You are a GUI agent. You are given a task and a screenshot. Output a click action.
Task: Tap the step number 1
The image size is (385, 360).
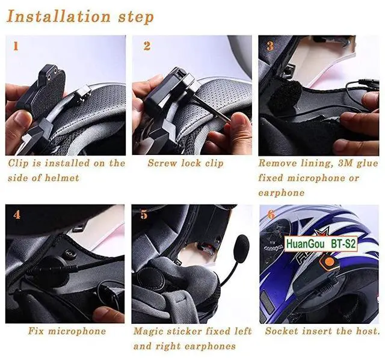point(16,46)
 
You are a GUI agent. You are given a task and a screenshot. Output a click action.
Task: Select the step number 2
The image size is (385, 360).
point(147,46)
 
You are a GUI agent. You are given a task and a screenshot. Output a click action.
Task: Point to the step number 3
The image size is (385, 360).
point(270,46)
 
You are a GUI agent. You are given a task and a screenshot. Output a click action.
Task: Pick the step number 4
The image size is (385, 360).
point(16,214)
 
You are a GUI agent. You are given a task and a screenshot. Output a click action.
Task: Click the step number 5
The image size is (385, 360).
point(144,215)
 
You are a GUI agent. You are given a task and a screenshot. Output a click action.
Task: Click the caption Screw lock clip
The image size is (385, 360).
point(185,163)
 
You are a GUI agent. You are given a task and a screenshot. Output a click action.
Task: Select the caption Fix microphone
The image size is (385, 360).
point(67,331)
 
